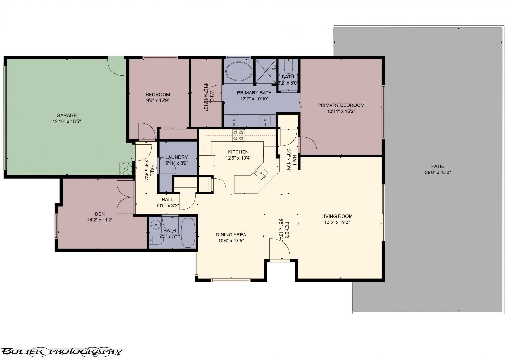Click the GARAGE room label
point(66,115)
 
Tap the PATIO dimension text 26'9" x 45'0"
point(438,173)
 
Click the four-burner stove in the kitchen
point(238,135)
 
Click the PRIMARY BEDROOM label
point(341,105)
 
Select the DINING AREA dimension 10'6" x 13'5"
point(231,241)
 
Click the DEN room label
point(100,214)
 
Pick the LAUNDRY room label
point(177,157)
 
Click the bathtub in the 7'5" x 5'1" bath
point(188,233)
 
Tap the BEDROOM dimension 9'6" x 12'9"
point(157,100)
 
